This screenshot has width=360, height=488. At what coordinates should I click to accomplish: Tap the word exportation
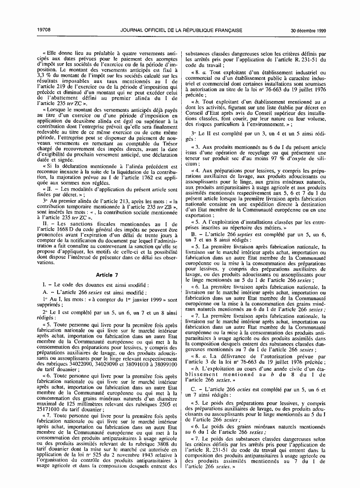tap(200, 216)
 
